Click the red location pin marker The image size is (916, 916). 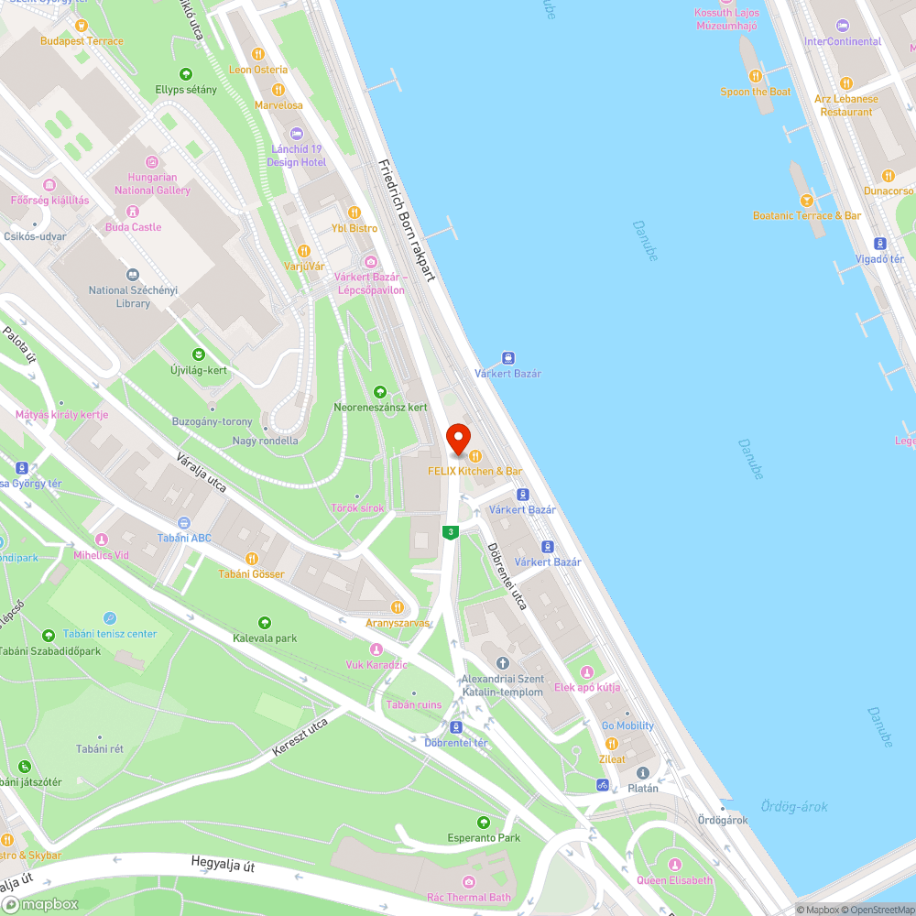coord(457,438)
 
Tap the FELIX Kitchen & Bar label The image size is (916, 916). coord(474,471)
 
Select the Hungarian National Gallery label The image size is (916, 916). coord(152,183)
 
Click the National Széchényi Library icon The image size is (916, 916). coord(133,275)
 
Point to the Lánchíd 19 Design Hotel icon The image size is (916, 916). coord(296,134)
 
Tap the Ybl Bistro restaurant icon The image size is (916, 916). coord(341,213)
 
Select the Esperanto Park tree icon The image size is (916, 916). coord(484,823)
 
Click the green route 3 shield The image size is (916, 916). coord(451,531)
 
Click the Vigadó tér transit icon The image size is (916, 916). coord(879,244)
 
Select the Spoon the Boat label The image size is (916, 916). coord(756,92)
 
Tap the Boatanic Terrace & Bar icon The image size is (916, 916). coord(806,201)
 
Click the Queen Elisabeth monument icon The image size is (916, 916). coord(675,865)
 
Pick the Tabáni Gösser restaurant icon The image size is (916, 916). coord(251,559)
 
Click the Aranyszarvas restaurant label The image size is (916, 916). coord(397,623)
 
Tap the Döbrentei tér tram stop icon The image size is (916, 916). coord(455,727)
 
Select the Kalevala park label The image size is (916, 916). coord(265,638)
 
